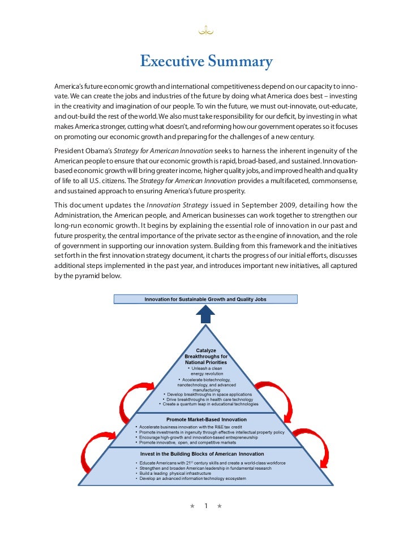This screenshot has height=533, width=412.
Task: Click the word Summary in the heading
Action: [x=240, y=61]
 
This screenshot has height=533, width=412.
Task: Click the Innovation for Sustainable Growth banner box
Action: [x=205, y=298]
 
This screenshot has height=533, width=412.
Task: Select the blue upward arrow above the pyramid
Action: [x=205, y=314]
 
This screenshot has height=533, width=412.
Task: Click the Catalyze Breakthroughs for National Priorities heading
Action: [x=206, y=357]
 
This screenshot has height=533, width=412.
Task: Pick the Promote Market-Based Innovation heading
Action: [x=206, y=419]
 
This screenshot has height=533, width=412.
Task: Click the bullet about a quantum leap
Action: [x=209, y=405]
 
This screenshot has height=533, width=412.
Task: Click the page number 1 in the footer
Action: [x=207, y=505]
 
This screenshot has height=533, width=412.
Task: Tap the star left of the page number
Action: [x=193, y=505]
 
